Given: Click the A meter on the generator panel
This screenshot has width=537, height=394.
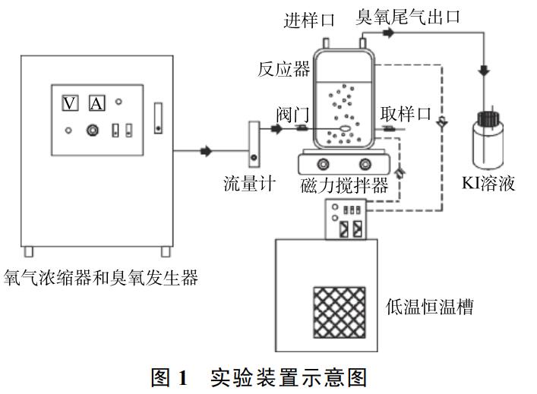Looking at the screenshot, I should click(x=96, y=103).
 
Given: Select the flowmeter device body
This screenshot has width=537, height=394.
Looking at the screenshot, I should click(x=252, y=143).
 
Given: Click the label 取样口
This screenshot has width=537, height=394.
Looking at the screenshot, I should click(x=406, y=114).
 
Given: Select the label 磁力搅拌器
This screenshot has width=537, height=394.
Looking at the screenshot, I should click(x=344, y=184).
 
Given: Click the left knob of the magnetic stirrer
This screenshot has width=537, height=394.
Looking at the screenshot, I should click(x=324, y=164).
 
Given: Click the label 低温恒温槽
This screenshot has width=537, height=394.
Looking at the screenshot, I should click(x=429, y=307).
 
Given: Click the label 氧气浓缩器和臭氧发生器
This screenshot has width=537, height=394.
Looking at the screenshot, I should click(x=101, y=278).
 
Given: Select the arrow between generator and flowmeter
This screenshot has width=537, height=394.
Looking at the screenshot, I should click(x=206, y=152).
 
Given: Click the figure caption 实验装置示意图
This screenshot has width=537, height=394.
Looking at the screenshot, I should click(x=288, y=378).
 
